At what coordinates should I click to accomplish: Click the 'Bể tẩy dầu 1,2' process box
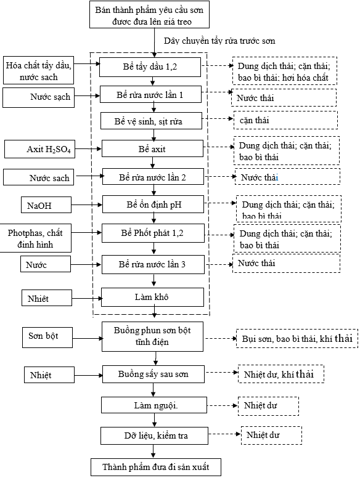150,67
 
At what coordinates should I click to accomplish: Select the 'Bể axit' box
152,149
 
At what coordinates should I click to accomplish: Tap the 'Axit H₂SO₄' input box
39,149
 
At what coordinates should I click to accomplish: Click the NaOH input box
46,205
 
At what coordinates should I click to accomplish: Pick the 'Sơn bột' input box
47,337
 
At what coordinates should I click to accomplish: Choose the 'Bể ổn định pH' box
153,205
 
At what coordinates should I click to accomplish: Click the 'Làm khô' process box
152,298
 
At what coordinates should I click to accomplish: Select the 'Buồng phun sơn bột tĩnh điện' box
152,336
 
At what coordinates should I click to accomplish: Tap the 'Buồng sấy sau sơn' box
153,374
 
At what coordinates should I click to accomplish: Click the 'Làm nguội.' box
154,405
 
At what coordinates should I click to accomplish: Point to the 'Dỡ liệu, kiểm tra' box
154,435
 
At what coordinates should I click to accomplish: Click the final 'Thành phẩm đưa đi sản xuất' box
155,467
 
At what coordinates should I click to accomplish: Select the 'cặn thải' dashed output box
285,120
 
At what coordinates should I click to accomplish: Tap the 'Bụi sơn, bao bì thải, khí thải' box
297,338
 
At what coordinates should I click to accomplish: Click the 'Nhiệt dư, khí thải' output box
280,374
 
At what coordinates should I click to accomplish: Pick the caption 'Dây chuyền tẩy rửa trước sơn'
219,41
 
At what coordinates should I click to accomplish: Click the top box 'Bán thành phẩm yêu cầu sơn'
150,14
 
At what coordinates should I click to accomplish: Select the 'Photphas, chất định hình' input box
35,238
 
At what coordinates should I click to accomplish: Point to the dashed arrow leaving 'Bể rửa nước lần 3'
219,264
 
